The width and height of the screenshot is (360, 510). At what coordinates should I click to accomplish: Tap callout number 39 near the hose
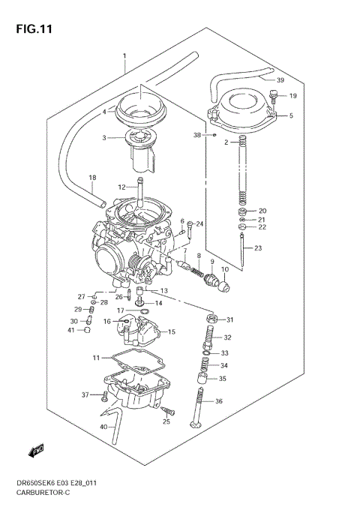point(280,80)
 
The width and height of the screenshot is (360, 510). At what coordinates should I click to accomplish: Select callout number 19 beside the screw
point(293,96)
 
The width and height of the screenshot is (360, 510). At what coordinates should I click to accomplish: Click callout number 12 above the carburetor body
point(121,187)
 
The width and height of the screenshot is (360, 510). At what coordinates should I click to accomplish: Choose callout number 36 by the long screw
point(219,402)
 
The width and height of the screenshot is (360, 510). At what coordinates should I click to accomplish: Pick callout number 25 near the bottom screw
point(166,421)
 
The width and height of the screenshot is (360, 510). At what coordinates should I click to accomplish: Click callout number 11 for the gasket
point(95,357)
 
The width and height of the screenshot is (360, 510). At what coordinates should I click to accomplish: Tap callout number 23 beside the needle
point(259,248)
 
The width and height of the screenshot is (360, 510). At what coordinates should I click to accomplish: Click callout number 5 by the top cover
point(291,116)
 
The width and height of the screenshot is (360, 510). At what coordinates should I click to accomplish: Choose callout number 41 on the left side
point(71,330)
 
